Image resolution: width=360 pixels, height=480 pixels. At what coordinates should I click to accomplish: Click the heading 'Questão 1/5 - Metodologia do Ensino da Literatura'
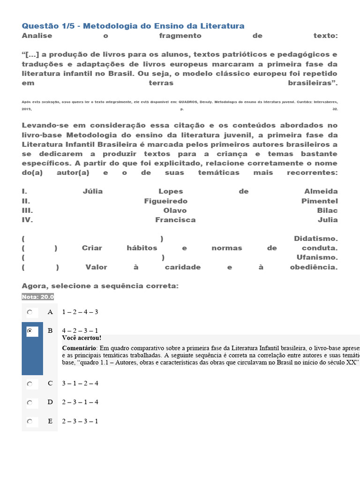tap(133, 26)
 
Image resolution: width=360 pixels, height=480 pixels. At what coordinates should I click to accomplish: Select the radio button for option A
tap(30, 312)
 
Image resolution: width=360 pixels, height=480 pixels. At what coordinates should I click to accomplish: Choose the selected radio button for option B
tap(30, 331)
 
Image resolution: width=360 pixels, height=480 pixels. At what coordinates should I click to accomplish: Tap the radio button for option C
tap(30, 383)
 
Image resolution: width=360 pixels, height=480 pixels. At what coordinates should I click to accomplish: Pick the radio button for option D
tap(30, 402)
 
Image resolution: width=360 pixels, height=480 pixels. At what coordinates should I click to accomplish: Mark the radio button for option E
tap(30, 421)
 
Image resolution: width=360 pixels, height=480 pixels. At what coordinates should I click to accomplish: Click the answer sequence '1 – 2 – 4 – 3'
tap(80, 312)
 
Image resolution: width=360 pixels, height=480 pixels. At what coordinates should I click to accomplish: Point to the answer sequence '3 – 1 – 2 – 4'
tap(80, 383)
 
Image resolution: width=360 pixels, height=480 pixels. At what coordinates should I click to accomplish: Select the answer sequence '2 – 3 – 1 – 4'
tap(80, 402)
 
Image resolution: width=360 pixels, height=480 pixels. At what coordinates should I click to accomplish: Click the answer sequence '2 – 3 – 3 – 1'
tap(80, 421)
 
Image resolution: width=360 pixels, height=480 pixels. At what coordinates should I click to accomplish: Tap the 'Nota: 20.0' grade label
tap(38, 297)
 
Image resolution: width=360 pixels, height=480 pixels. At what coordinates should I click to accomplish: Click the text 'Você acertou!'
tap(82, 338)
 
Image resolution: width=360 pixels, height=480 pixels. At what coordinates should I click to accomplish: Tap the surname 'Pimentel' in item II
tap(319, 201)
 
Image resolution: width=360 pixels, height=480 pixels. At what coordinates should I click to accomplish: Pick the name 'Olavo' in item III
tap(175, 210)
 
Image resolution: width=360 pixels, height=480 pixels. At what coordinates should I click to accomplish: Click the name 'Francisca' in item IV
tap(175, 220)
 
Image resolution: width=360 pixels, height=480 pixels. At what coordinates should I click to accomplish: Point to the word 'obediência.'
tap(314, 267)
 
